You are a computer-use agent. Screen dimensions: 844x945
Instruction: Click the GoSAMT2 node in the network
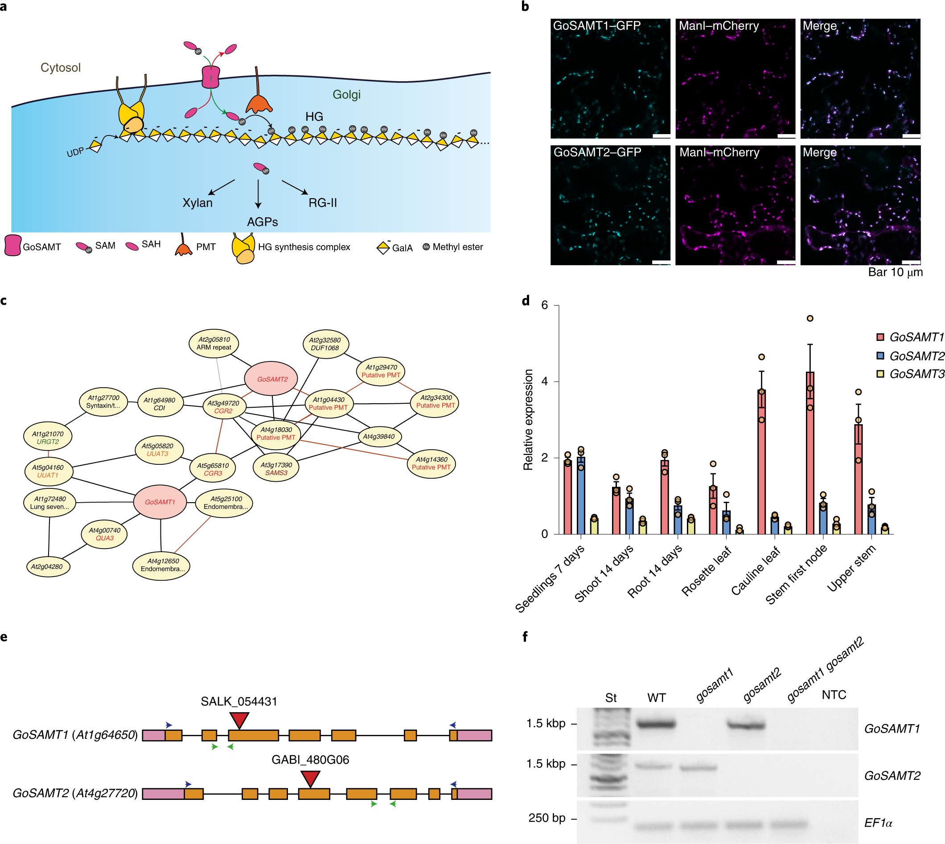(x=272, y=379)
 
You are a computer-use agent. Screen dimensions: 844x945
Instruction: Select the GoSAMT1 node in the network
(x=160, y=502)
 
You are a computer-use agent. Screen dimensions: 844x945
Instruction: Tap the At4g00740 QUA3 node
(x=104, y=534)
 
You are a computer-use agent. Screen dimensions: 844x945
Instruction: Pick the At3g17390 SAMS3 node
(x=276, y=468)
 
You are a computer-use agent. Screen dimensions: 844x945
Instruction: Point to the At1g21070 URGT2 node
(x=48, y=437)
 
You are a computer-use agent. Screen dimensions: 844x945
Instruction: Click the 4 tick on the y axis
(x=545, y=381)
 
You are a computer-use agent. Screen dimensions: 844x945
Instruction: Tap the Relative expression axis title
(x=528, y=420)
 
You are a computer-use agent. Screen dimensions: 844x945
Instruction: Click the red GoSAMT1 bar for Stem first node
(x=809, y=453)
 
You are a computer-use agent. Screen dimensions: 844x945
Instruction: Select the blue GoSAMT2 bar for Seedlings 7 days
(x=581, y=495)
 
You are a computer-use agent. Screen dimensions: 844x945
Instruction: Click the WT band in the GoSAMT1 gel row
(x=656, y=724)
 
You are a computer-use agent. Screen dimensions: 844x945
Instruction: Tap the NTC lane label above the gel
(x=834, y=695)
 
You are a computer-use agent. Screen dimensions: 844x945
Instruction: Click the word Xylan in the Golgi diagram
(x=197, y=203)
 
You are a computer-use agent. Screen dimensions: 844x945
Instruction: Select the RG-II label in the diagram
(x=323, y=203)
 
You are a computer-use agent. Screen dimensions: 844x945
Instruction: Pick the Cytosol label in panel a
(x=60, y=68)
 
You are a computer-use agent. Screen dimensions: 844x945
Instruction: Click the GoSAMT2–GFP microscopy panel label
(x=597, y=152)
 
